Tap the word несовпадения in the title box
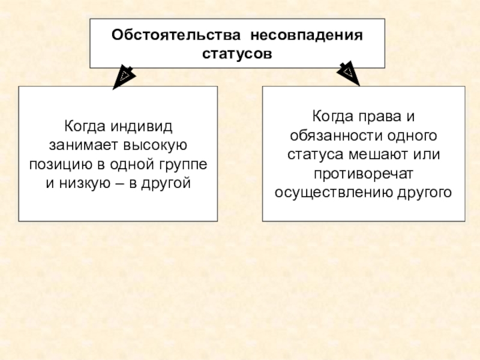(307, 34)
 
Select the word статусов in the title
(237, 53)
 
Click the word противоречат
(364, 173)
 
